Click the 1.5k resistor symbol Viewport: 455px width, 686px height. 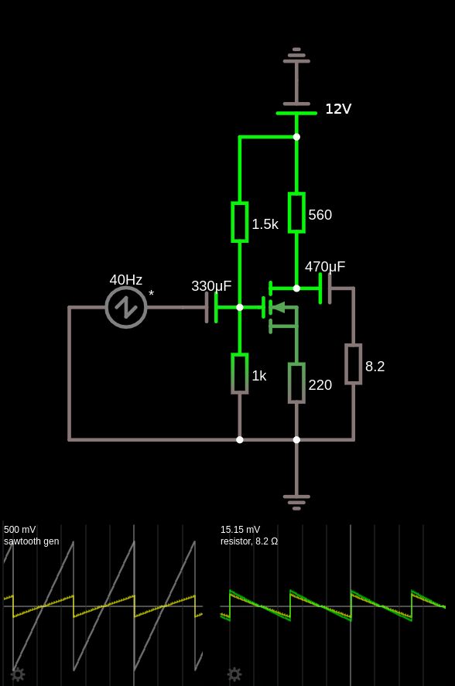[x=240, y=222]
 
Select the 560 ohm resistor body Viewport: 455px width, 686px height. [x=296, y=213]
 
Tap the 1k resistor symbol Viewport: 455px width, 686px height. [x=240, y=374]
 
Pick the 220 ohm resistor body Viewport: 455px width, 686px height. [x=296, y=383]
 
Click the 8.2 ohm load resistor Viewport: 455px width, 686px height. [x=354, y=364]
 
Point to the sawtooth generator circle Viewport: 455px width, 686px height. [x=126, y=307]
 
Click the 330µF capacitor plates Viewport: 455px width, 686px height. [x=211, y=307]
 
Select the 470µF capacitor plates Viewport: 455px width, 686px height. [x=325, y=288]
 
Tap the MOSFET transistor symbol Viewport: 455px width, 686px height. [x=279, y=307]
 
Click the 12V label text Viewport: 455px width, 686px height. [x=338, y=109]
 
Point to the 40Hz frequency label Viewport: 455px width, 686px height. [x=125, y=280]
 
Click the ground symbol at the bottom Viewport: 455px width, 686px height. [x=296, y=501]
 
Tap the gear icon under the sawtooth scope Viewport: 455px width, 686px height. [x=18, y=674]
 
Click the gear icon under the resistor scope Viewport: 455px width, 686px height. [x=234, y=674]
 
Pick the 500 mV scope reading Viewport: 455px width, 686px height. [x=20, y=530]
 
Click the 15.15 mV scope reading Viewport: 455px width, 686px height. [x=240, y=530]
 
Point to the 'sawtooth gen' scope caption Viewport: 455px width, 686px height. [x=31, y=541]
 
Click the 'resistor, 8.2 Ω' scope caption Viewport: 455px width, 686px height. [x=249, y=541]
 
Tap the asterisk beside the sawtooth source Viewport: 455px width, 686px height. [x=152, y=295]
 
